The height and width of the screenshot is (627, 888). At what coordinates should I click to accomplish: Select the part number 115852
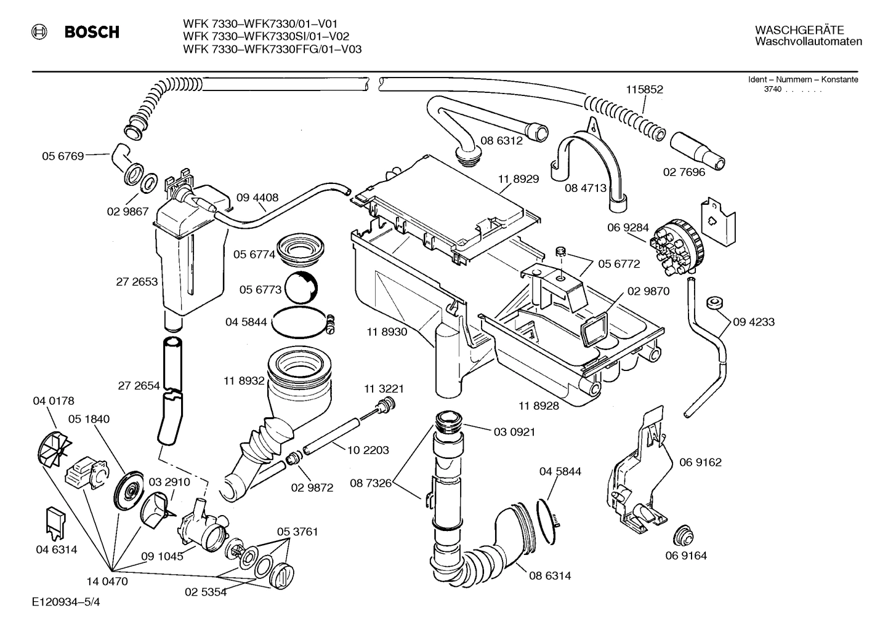pos(644,89)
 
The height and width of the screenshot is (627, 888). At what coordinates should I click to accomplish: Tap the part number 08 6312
pos(501,140)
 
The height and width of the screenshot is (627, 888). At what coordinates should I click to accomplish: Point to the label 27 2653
pos(137,282)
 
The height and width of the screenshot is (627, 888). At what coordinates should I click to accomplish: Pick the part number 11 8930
pos(387,332)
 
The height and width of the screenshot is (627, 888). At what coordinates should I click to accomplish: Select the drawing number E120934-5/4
pos(67,602)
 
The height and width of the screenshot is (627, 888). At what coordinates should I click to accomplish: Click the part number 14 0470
pos(107,581)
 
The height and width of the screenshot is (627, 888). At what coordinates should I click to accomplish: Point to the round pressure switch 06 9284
pos(676,247)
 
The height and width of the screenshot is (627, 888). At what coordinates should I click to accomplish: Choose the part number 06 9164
pos(686,556)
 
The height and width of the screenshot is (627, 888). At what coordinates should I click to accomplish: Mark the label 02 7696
pos(684,172)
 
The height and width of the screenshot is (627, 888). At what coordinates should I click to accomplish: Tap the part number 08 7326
pos(371,483)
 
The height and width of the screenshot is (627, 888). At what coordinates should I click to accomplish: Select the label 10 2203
pos(368,450)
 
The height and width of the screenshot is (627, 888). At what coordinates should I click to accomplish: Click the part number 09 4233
pos(753,322)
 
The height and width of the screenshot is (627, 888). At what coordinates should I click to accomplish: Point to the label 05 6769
pos(62,156)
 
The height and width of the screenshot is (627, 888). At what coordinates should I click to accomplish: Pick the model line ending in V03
pos(272,49)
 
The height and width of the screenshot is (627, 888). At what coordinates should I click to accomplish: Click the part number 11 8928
pos(539,405)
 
